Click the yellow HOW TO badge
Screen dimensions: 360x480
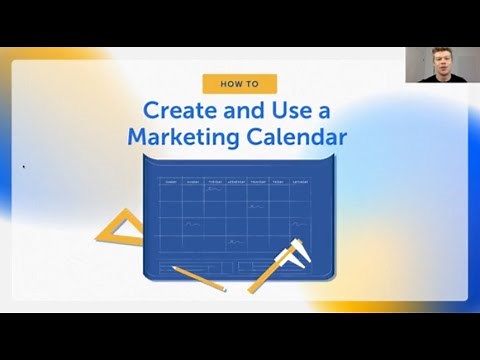239,84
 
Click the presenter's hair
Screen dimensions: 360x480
440,51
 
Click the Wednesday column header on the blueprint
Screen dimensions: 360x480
237,182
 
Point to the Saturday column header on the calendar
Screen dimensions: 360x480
301,182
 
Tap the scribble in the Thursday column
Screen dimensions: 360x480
257,206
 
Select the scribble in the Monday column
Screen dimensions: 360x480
193,224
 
